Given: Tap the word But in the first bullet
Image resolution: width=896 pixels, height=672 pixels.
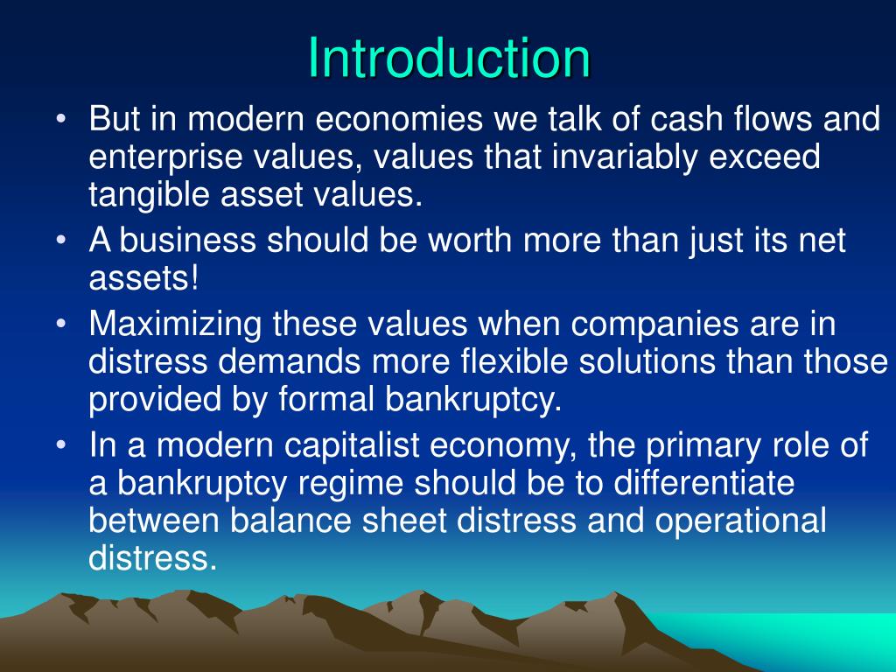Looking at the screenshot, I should [117, 119].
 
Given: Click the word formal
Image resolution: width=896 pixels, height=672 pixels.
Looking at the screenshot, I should [328, 401].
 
